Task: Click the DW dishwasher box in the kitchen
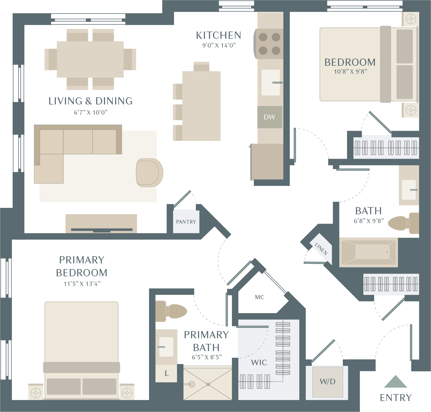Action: pos(270,117)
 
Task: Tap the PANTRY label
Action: pos(186,222)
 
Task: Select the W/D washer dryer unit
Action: pos(328,382)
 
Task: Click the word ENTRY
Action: pos(396,398)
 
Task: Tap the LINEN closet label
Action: pos(321,249)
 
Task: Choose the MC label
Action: pos(259,297)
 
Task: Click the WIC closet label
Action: pos(259,363)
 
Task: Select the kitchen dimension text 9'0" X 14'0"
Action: pos(219,45)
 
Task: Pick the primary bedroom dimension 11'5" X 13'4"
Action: pos(82,284)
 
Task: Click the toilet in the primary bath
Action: pos(171,311)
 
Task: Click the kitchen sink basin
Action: pos(271,83)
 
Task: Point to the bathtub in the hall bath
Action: pos(368,252)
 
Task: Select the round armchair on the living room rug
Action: pos(149,173)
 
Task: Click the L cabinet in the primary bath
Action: pos(166,373)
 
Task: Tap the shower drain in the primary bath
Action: pos(208,384)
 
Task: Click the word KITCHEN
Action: pos(219,35)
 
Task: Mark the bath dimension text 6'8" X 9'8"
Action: pos(369,221)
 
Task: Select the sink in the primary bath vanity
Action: pos(166,347)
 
